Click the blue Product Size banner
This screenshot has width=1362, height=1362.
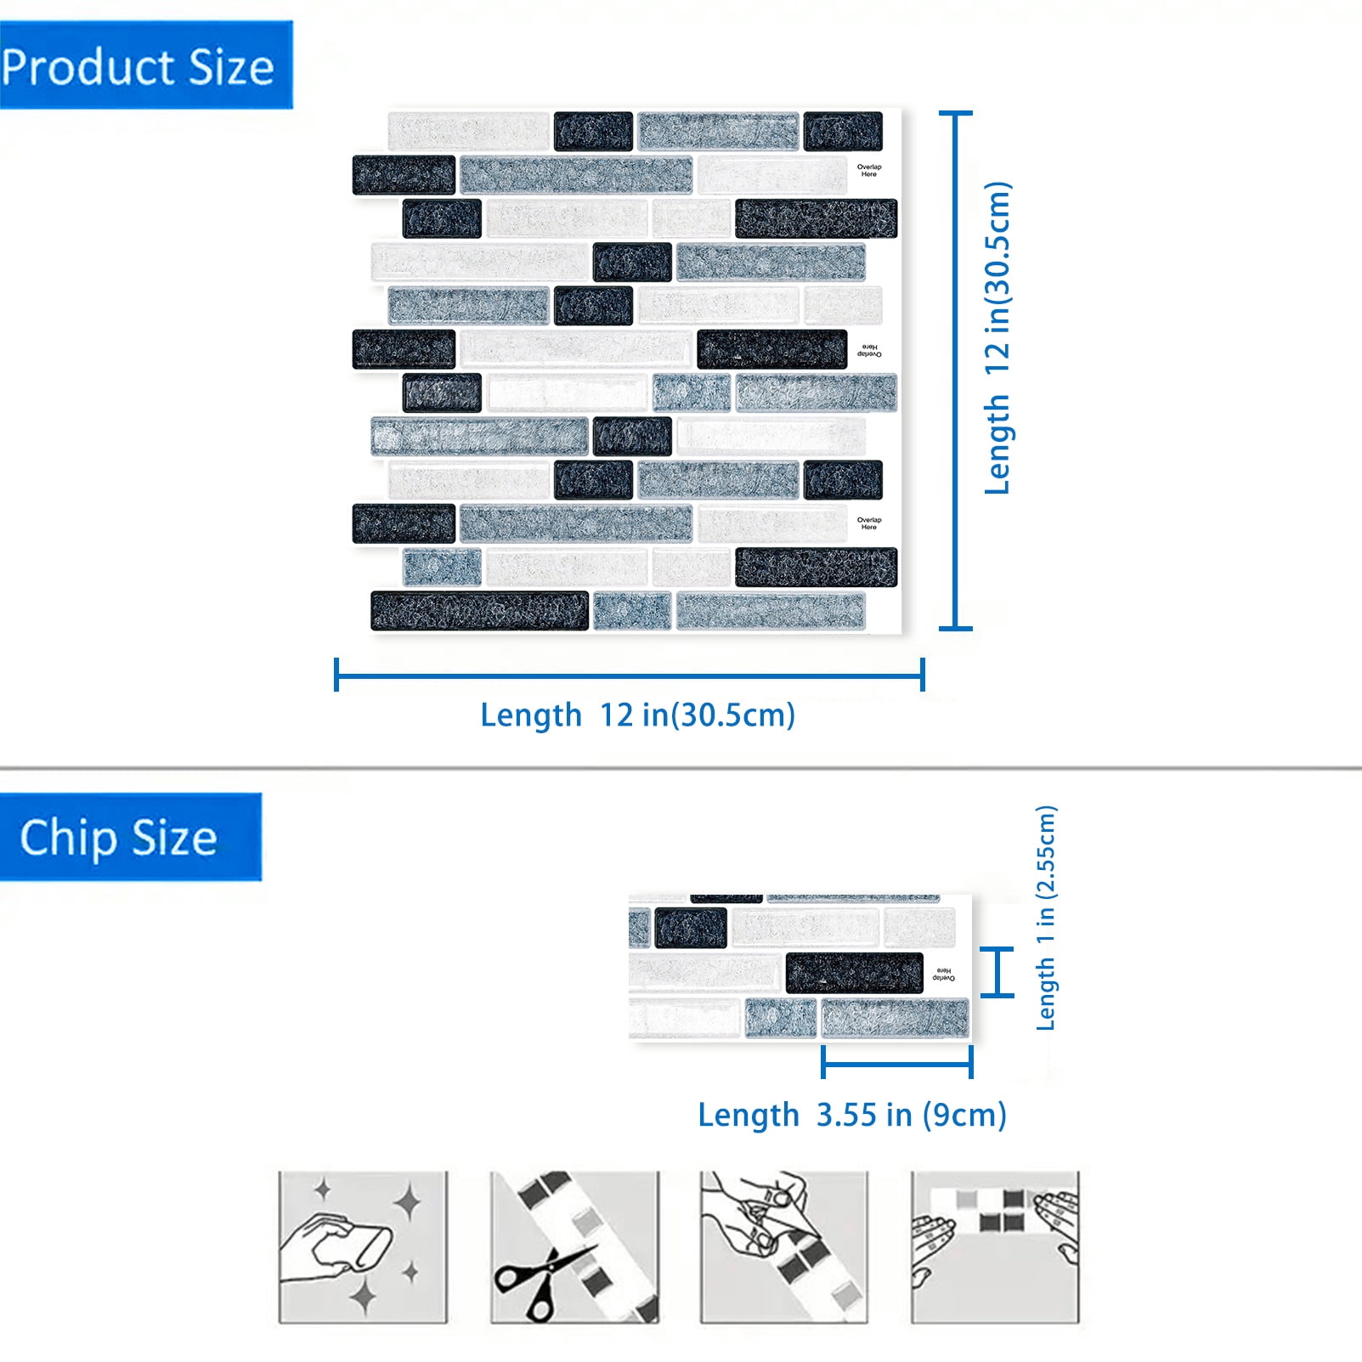(146, 65)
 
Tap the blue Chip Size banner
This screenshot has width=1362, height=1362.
(131, 837)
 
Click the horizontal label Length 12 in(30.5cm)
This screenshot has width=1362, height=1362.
(637, 715)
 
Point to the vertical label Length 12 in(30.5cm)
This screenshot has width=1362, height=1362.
(998, 337)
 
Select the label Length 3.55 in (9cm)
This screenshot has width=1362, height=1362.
(852, 1115)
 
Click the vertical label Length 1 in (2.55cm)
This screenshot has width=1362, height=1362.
(1046, 918)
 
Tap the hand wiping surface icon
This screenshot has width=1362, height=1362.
(363, 1247)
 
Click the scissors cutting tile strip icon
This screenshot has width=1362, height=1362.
(574, 1247)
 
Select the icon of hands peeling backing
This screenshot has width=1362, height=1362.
(784, 1247)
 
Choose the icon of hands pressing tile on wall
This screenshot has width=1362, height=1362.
(995, 1247)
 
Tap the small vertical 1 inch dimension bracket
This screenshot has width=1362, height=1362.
(997, 971)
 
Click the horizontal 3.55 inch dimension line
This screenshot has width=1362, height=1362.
(897, 1062)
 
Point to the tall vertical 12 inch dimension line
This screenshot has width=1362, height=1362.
(956, 370)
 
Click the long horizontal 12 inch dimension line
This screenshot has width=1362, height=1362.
(630, 675)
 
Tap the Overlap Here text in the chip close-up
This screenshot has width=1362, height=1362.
(943, 974)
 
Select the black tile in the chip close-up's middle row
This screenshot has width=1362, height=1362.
(855, 973)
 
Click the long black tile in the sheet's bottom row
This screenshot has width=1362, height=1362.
(480, 611)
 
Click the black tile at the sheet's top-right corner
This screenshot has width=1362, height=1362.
(843, 131)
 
